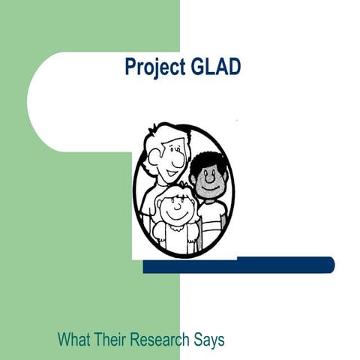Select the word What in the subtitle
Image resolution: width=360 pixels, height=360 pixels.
75,339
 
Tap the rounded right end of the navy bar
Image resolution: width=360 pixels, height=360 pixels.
329,265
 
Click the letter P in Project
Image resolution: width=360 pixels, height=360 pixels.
130,68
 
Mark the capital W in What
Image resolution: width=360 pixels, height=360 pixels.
64,339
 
